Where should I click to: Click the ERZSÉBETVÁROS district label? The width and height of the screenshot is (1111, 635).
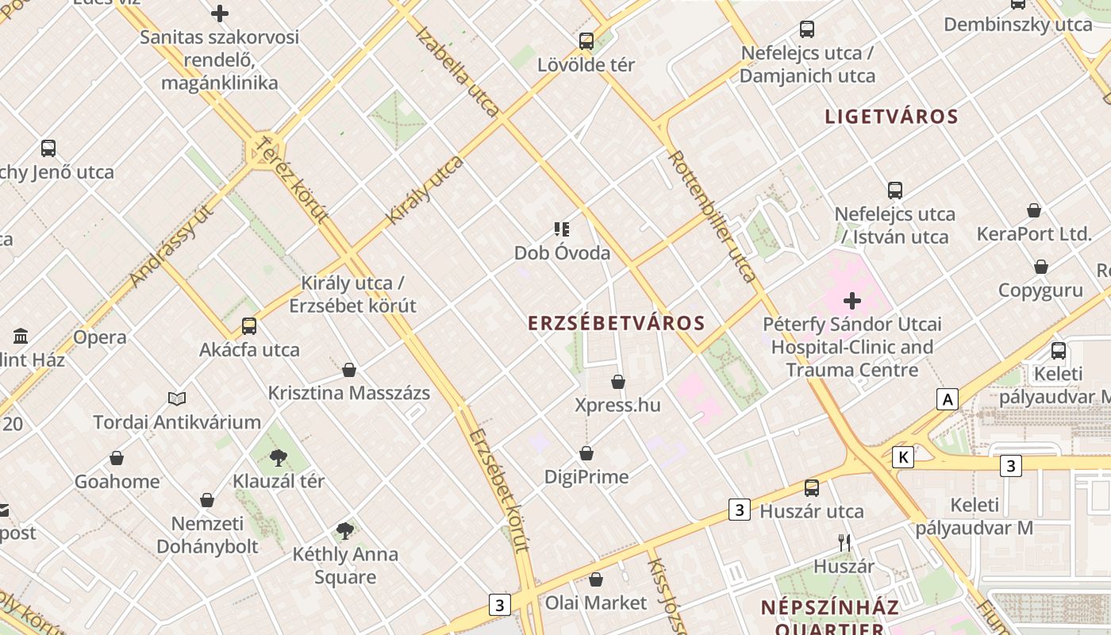point(617,323)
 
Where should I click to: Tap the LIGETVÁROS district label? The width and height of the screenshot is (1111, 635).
point(892,117)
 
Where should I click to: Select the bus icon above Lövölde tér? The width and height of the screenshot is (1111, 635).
point(586,41)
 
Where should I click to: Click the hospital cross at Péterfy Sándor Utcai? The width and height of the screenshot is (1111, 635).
point(852,301)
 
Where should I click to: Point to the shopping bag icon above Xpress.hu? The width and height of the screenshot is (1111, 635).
point(618,382)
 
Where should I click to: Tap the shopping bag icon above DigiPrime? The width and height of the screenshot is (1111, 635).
point(586,453)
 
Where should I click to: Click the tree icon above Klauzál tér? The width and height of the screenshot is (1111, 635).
point(278,457)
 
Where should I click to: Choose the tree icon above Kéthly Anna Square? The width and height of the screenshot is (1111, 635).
point(344,530)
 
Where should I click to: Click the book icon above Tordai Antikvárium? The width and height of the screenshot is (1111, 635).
point(177,398)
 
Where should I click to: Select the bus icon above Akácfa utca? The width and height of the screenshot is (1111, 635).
point(249,325)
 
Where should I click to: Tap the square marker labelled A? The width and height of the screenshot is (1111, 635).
point(947,399)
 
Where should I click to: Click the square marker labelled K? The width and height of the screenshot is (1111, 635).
point(903,457)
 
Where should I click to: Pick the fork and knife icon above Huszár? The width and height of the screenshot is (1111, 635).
point(844,543)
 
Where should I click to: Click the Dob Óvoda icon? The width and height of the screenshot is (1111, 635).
point(562,230)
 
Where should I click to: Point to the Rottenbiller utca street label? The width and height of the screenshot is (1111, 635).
point(713,216)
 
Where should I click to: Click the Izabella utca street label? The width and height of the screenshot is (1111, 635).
point(457,71)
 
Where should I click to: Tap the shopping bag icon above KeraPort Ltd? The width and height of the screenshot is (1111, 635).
point(1034,210)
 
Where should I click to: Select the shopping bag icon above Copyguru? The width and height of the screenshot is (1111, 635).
point(1040,267)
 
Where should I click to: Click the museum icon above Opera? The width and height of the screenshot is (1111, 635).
point(21,336)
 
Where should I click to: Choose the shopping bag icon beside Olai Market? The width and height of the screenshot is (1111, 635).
point(596,579)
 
